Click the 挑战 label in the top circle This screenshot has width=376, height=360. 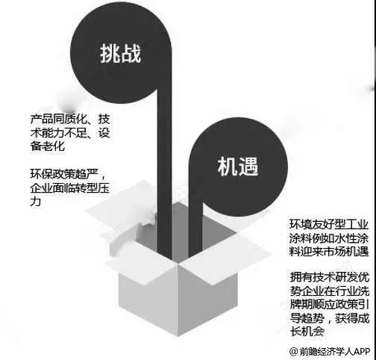(121, 54)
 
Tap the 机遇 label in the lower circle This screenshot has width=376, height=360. (238, 167)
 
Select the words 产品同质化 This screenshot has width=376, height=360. (59, 120)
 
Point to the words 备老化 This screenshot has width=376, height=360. (48, 146)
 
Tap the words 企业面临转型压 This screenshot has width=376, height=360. (70, 187)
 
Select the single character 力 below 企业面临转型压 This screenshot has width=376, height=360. (36, 202)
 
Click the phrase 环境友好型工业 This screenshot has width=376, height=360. (329, 225)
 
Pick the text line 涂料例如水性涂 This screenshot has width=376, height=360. (329, 238)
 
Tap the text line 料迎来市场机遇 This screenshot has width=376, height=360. (329, 252)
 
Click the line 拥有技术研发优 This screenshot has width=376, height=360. (330, 277)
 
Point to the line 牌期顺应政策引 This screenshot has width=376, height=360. (330, 304)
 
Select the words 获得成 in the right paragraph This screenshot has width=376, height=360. (352, 318)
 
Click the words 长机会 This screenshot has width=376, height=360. (307, 332)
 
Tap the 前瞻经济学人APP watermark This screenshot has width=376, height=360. (335, 352)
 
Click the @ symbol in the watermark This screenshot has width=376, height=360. (294, 352)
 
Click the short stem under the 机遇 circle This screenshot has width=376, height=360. (195, 230)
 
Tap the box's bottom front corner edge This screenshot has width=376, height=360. (178, 300)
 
